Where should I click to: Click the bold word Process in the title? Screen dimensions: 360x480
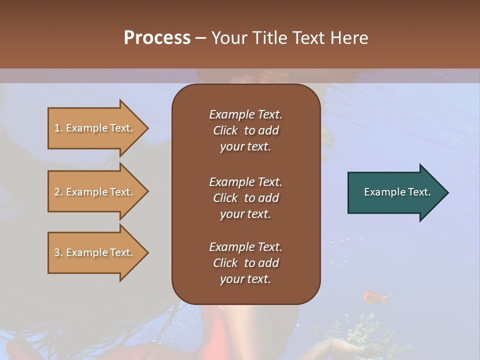(157, 38)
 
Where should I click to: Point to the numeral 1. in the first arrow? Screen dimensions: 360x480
(58, 128)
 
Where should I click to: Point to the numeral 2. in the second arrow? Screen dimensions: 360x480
(58, 192)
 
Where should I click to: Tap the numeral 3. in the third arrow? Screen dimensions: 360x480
(58, 252)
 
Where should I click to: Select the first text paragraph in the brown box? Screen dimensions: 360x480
(245, 130)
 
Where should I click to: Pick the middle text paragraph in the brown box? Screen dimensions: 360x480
(245, 198)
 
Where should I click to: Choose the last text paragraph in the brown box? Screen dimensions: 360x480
(245, 263)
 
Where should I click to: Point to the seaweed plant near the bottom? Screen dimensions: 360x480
(367, 330)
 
